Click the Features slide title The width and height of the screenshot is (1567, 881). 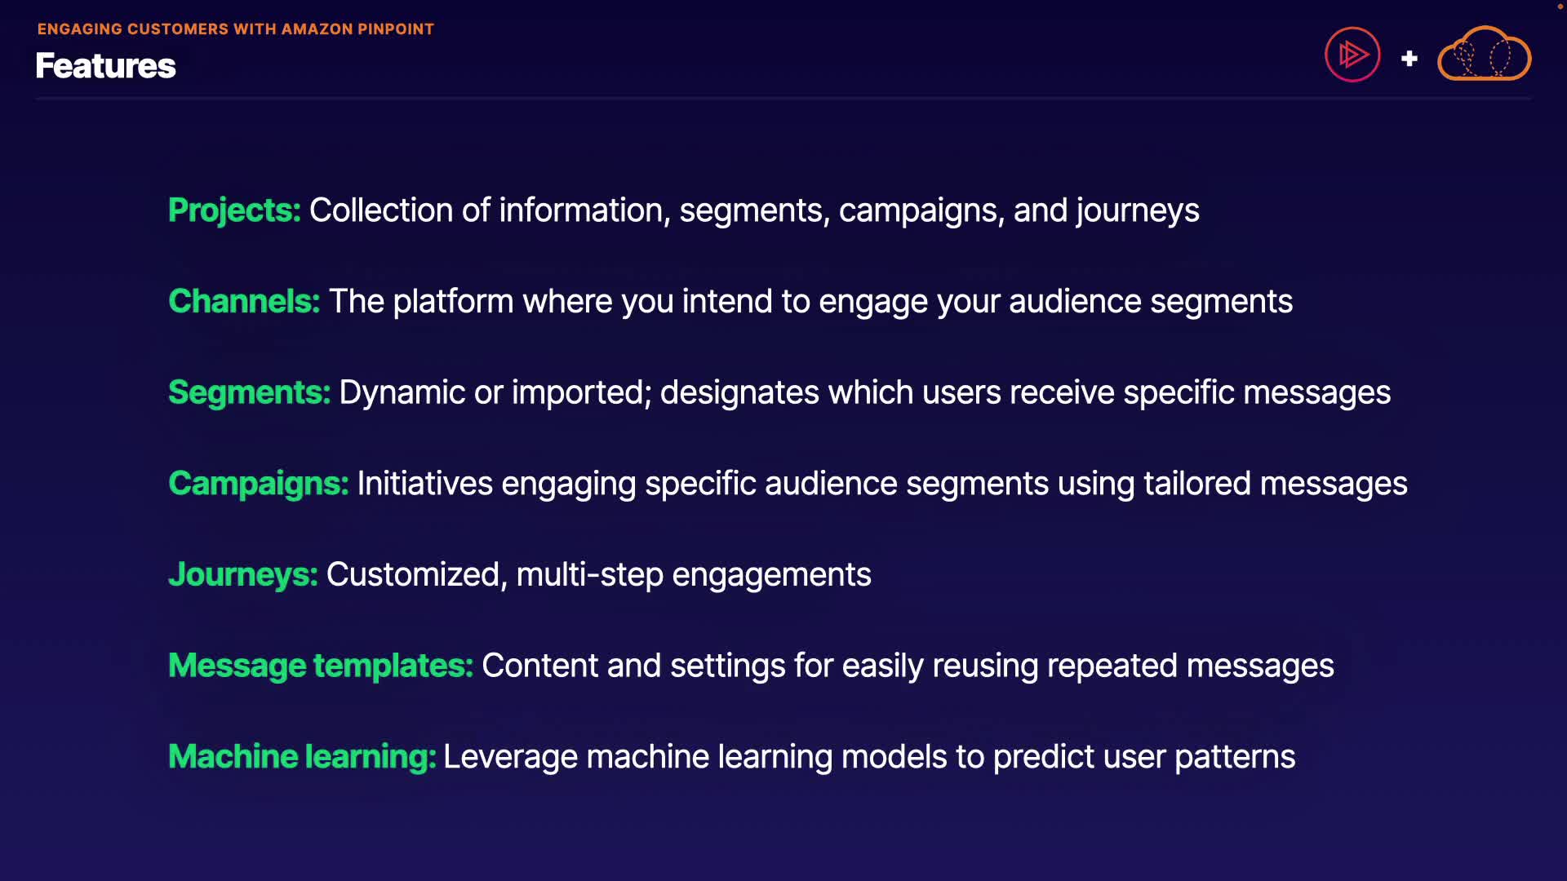[x=105, y=66]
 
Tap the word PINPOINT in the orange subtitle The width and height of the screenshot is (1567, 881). [x=396, y=29]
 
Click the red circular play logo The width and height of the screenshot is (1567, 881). [x=1352, y=55]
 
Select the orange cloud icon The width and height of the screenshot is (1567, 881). [x=1484, y=54]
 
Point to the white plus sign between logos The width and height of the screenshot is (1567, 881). [x=1409, y=59]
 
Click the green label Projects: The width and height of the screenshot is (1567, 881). [x=234, y=211]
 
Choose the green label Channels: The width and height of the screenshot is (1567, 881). [x=244, y=302]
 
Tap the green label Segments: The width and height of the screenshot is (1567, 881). [x=249, y=393]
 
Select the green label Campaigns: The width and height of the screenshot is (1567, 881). [x=259, y=484]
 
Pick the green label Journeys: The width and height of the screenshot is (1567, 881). [x=243, y=575]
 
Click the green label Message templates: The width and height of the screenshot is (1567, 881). [x=321, y=666]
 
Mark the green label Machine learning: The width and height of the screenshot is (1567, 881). [x=302, y=757]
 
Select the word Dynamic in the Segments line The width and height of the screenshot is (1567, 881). [x=402, y=393]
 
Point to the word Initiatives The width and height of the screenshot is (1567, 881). [x=425, y=484]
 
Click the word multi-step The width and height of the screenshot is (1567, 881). [x=590, y=575]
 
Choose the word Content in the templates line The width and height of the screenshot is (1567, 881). [x=540, y=666]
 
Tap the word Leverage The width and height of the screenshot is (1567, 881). [x=510, y=758]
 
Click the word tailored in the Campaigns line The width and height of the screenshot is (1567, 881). [x=1197, y=484]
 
